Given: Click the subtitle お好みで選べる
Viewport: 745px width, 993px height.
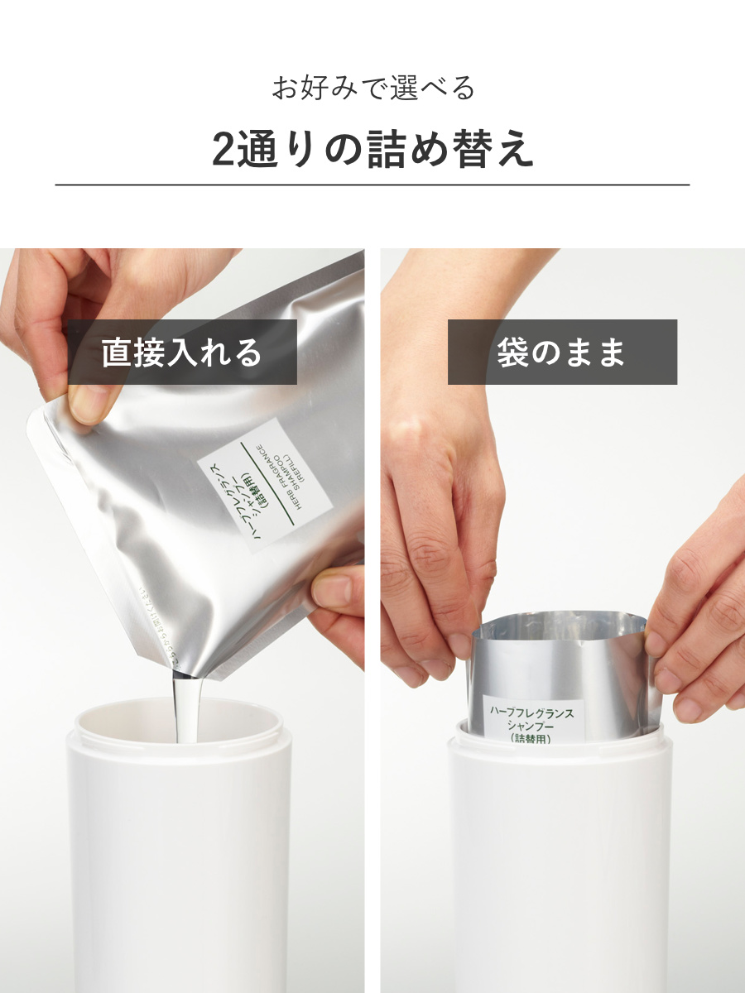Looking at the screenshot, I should tap(372, 88).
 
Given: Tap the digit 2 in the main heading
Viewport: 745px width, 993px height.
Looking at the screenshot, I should tap(224, 149).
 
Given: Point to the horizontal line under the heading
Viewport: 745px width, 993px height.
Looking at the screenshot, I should tap(372, 185).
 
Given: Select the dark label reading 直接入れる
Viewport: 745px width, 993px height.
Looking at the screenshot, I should tap(181, 353).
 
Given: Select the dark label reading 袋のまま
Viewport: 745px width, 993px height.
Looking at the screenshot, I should tap(562, 353).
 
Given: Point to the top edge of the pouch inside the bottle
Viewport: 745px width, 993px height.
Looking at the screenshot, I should tap(563, 619).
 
